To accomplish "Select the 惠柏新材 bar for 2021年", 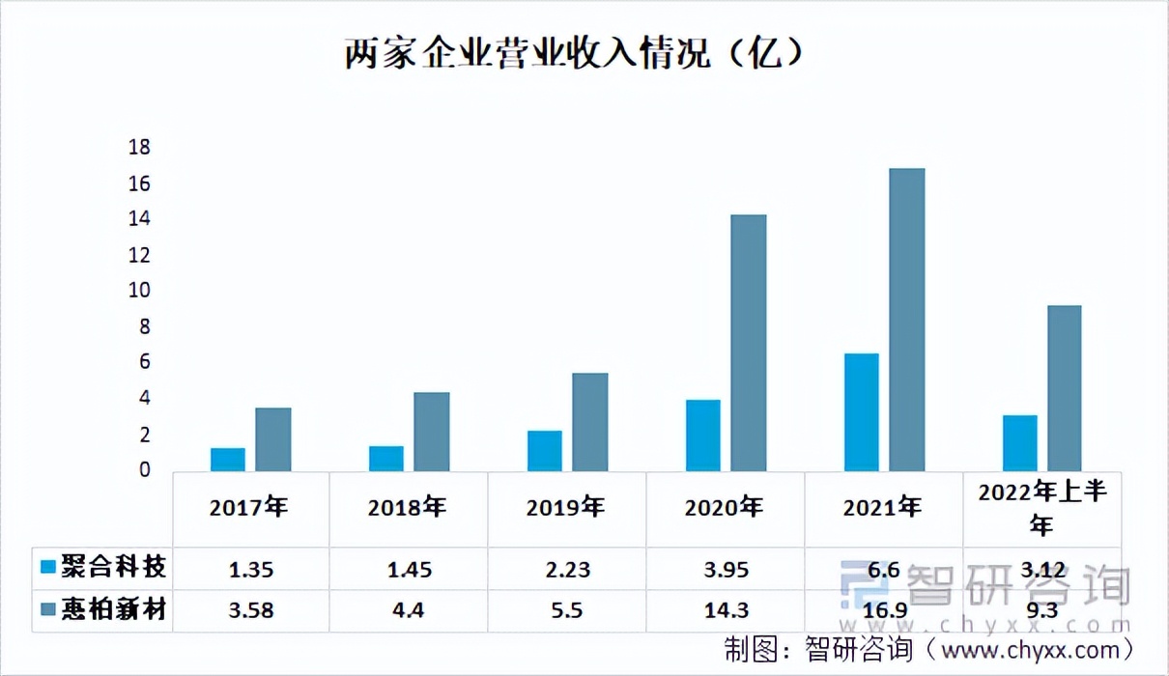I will click(x=906, y=320).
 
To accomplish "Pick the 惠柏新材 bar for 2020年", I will click(x=748, y=343).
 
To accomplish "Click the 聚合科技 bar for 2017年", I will click(x=228, y=460).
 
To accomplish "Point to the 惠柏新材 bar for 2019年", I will click(x=589, y=422).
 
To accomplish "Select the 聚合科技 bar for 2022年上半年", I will click(x=1019, y=443).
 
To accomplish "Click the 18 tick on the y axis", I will click(x=140, y=148).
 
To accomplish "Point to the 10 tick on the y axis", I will click(x=140, y=291).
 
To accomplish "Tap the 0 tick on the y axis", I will click(x=145, y=470).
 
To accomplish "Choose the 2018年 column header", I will click(x=407, y=508).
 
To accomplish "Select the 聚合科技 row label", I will click(x=113, y=567).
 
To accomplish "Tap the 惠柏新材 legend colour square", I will click(x=47, y=610).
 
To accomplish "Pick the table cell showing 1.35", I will click(x=251, y=570).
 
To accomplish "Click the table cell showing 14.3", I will click(x=726, y=611).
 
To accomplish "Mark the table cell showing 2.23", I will click(x=567, y=570).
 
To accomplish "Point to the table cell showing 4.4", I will click(x=409, y=611).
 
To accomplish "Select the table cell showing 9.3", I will click(x=1042, y=611).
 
